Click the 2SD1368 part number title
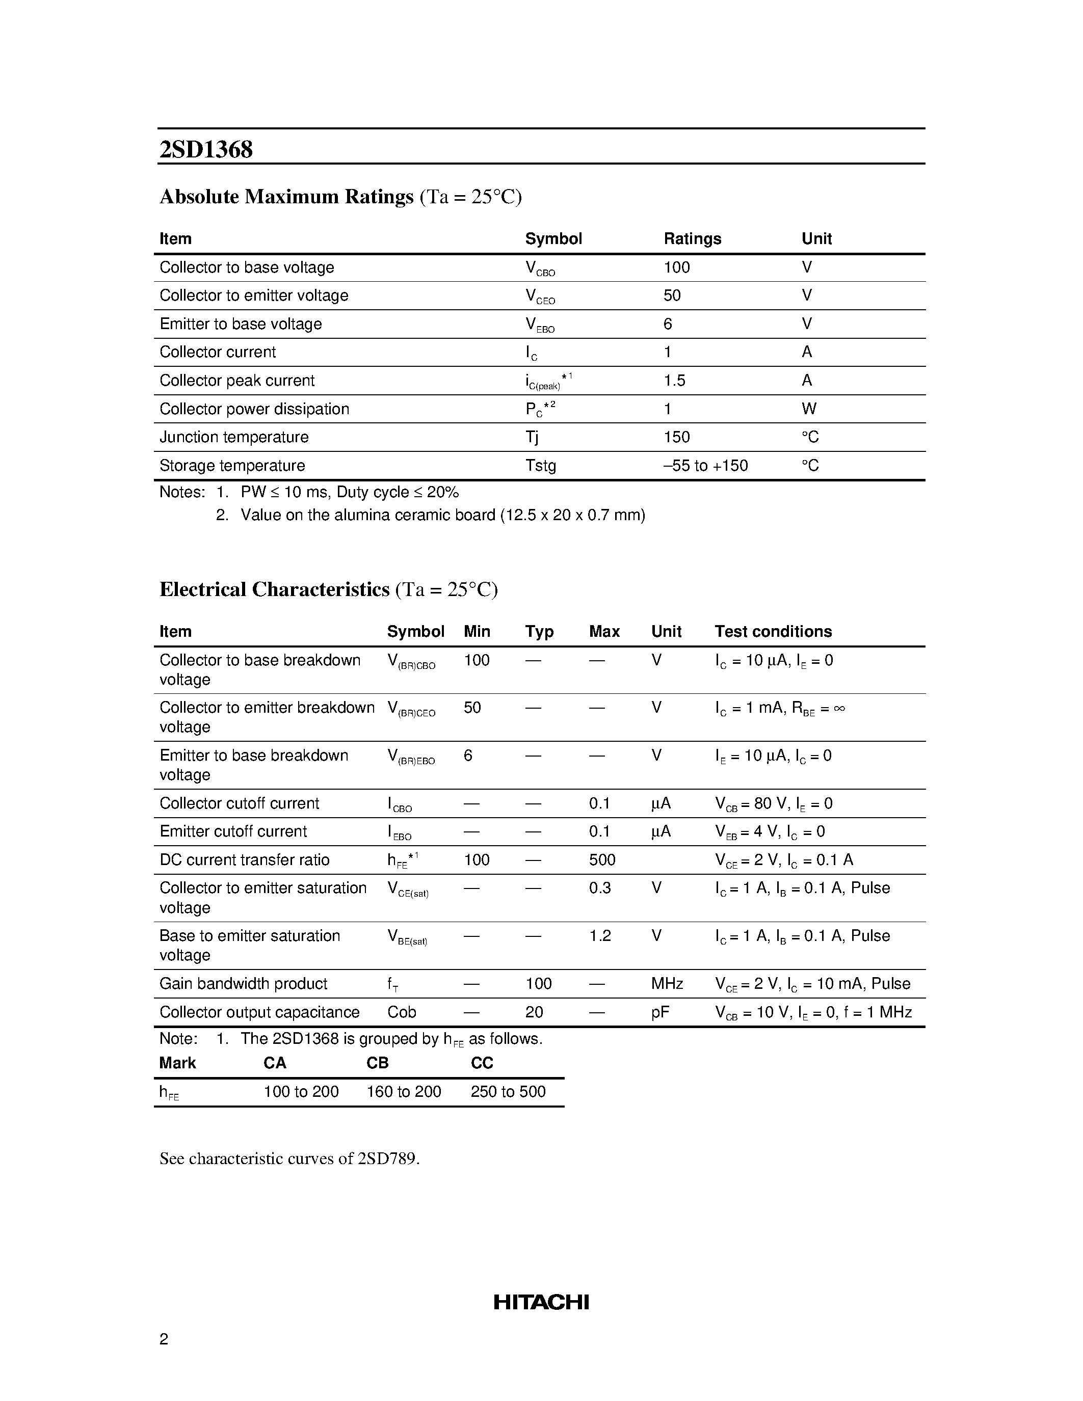click(x=206, y=149)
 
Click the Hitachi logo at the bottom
click(x=541, y=1302)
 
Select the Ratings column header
click(x=692, y=238)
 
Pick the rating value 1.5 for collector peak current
click(x=674, y=381)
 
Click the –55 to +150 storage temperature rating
click(x=705, y=465)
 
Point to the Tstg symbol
click(x=540, y=465)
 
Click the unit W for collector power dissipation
click(x=808, y=409)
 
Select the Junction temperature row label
click(x=233, y=437)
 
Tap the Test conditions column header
click(x=773, y=631)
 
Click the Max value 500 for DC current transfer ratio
click(x=602, y=859)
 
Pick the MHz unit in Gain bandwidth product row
click(x=667, y=983)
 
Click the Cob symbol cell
click(x=402, y=1012)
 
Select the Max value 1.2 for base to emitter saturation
click(x=600, y=935)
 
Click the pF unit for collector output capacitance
click(x=659, y=1012)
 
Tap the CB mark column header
click(x=377, y=1063)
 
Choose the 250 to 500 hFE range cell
click(x=508, y=1091)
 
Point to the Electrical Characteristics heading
click(x=274, y=589)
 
